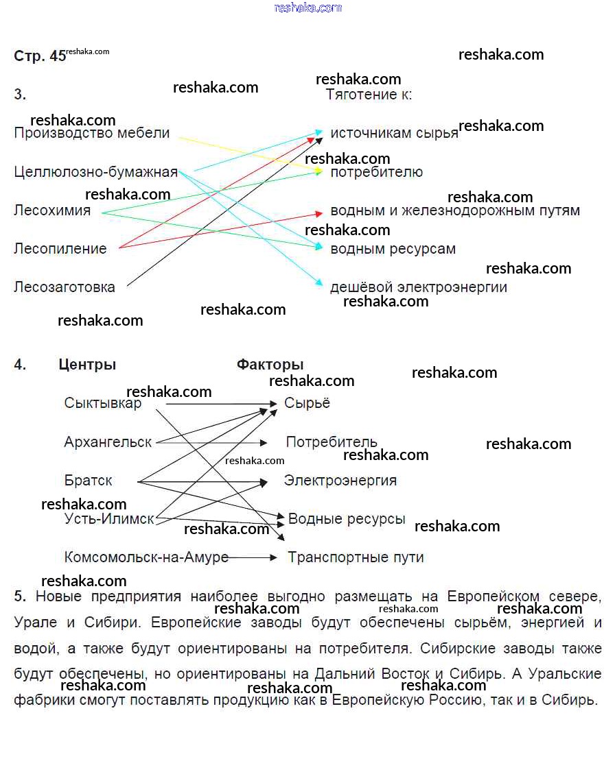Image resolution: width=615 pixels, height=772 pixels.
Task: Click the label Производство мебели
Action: pos(91,133)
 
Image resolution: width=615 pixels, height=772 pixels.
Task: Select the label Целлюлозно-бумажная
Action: pos(95,172)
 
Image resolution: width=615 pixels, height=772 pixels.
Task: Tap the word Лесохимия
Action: pos(52,210)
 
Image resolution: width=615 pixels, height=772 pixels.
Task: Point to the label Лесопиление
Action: pos(60,249)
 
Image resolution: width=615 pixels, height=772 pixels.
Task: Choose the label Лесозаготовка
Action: pos(65,287)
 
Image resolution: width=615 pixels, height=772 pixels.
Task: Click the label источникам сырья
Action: pos(394,133)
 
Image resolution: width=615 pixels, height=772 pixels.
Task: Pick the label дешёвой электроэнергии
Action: pos(419,287)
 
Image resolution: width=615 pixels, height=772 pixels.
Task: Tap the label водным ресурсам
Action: pos(393,249)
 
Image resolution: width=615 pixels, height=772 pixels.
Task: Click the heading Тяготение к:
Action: pos(369,95)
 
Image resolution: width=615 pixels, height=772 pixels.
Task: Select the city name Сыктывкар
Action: pos(103,403)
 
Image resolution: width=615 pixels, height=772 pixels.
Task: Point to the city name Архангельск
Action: pos(108,442)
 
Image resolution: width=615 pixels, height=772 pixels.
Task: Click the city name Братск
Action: pos(88,481)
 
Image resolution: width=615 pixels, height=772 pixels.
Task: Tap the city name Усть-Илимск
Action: pos(109,519)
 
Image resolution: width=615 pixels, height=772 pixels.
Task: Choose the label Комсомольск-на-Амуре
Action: pos(146,557)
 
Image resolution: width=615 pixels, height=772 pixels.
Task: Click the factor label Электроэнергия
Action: pos(340,481)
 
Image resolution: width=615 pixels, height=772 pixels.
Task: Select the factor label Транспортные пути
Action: pos(356,557)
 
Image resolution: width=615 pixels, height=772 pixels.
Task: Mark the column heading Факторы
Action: pos(270,365)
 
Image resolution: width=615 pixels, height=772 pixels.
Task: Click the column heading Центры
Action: pos(87,365)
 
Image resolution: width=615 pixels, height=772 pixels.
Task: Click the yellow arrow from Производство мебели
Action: pos(247,153)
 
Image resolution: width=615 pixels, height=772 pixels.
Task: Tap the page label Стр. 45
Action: pos(40,56)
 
